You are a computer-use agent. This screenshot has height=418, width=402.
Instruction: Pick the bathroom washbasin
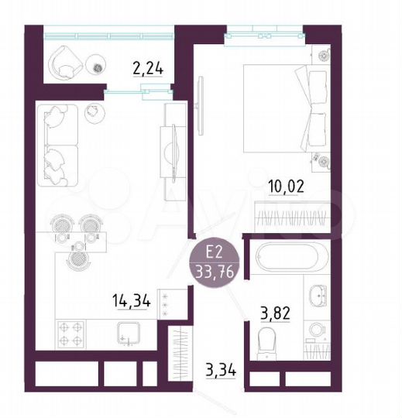pos(318,295)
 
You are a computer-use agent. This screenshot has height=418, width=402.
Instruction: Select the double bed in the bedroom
pos(283,108)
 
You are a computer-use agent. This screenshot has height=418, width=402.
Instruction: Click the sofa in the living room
pos(60,143)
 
